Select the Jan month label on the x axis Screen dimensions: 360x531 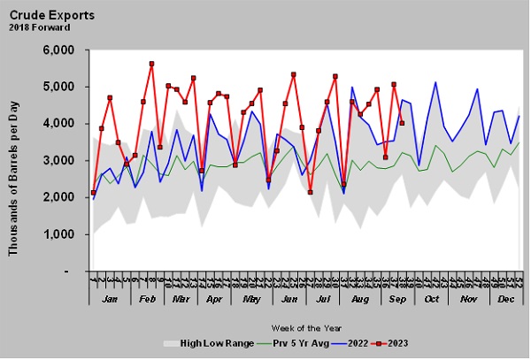(x=109, y=301)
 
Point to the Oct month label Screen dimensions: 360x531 (x=431, y=301)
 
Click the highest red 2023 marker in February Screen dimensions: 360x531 (x=151, y=64)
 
